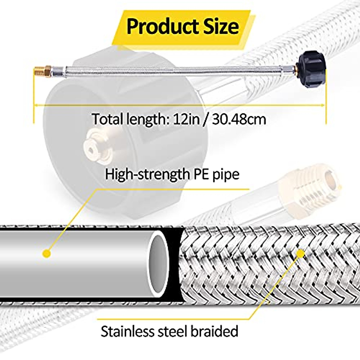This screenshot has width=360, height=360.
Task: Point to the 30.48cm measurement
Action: (x=239, y=119)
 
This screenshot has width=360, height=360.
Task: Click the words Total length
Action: (x=127, y=119)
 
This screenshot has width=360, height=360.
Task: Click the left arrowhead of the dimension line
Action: (x=36, y=105)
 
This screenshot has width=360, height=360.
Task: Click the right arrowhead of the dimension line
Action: (x=323, y=105)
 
